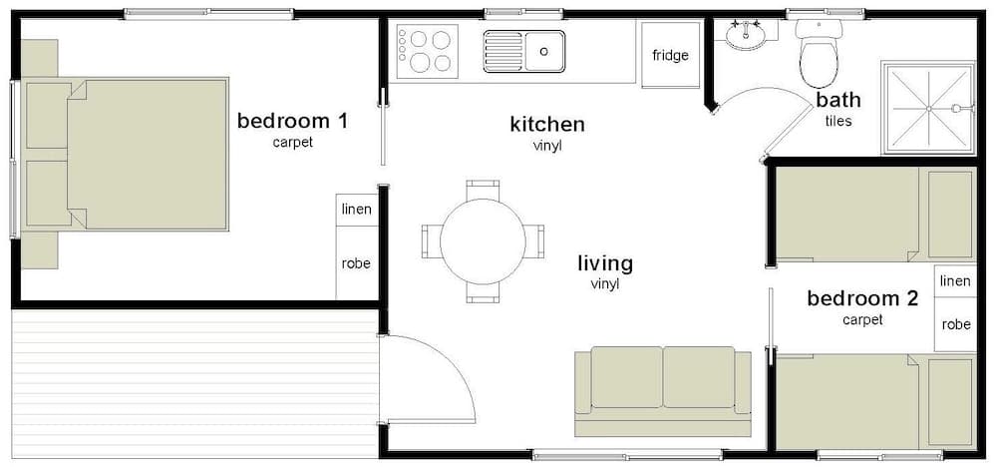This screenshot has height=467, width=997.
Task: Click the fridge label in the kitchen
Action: point(670,55)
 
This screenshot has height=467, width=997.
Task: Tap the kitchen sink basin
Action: point(544,49)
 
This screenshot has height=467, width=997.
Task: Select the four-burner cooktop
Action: point(427,51)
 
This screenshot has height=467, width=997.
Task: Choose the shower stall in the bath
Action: point(927,108)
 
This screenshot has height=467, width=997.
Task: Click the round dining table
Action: point(483,240)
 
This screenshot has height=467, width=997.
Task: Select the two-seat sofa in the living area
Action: point(663,390)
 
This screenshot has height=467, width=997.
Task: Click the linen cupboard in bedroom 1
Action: point(356,209)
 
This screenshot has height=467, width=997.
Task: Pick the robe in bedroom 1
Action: point(356,263)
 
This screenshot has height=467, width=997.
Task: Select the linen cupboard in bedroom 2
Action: point(954,281)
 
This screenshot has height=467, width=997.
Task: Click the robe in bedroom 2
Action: point(955,325)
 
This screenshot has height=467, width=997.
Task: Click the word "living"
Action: point(605,264)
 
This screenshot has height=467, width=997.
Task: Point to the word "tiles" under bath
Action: point(838,122)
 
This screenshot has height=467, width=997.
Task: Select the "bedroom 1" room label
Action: point(292,122)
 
